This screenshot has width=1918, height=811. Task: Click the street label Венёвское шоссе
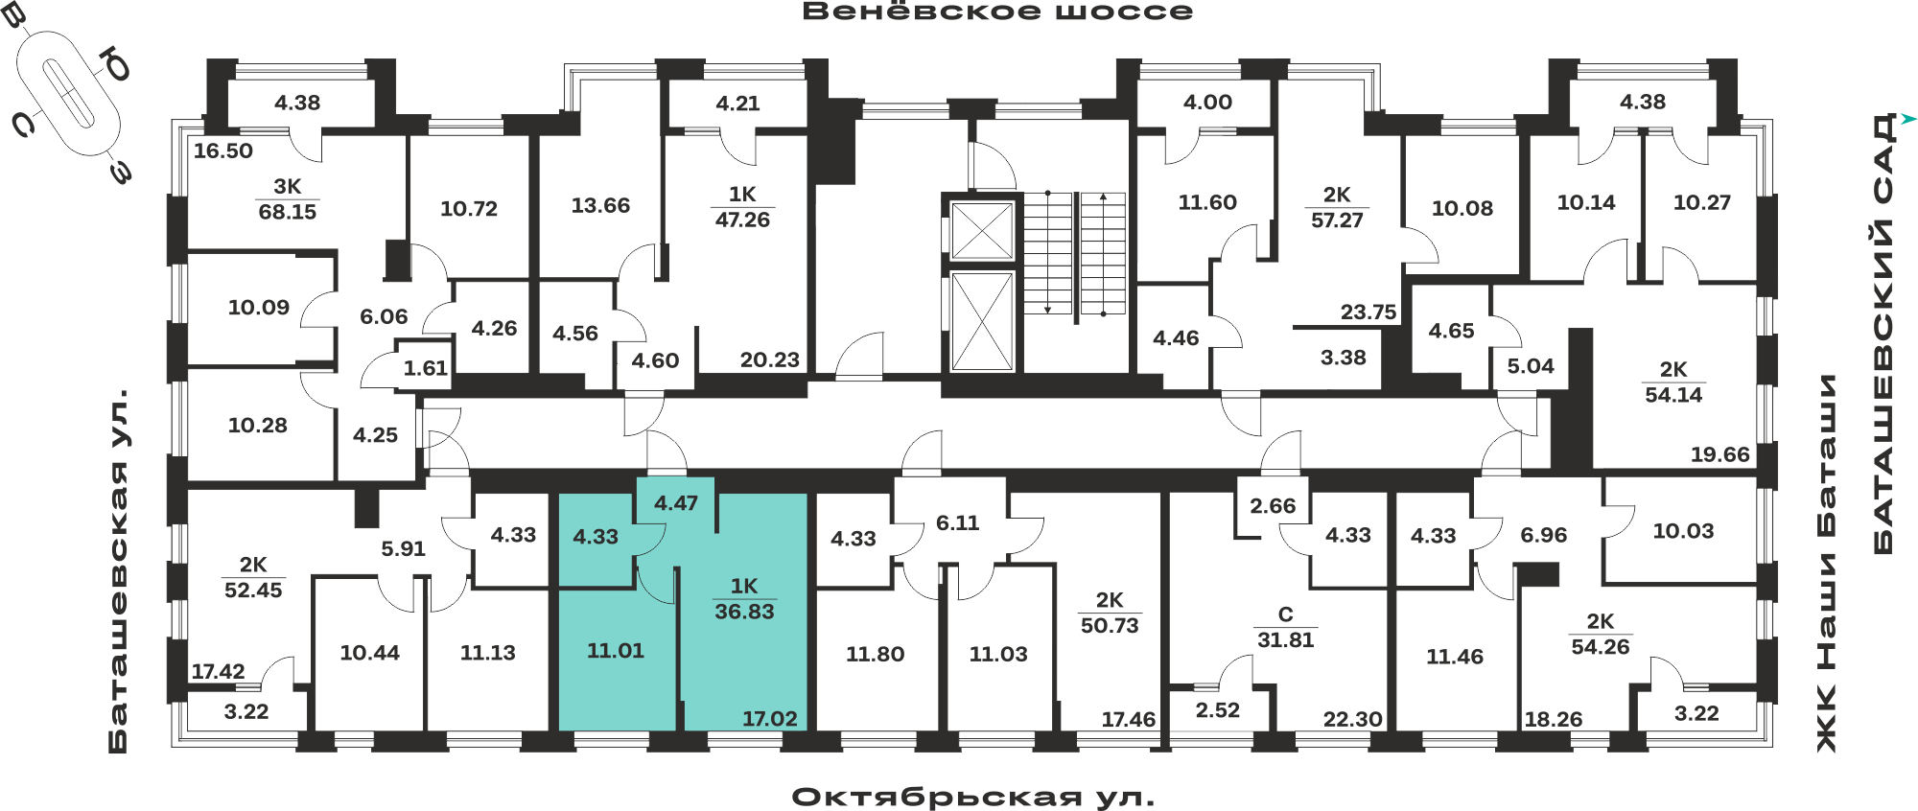pyautogui.click(x=997, y=12)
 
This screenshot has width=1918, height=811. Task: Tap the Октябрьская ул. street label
pyautogui.click(x=973, y=798)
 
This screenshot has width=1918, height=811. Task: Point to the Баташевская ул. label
pyautogui.click(x=118, y=570)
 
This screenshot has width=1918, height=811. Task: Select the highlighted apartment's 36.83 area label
pyautogui.click(x=744, y=612)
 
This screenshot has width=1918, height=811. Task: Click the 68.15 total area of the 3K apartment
pyautogui.click(x=287, y=212)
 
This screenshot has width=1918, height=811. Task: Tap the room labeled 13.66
pyautogui.click(x=600, y=205)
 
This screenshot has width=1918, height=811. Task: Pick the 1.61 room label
pyautogui.click(x=425, y=368)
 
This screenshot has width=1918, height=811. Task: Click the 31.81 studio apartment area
pyautogui.click(x=1285, y=639)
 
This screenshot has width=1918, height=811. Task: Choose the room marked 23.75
pyautogui.click(x=1368, y=312)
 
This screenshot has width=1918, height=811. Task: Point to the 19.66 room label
pyautogui.click(x=1719, y=454)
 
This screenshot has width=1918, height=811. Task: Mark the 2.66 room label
pyautogui.click(x=1273, y=505)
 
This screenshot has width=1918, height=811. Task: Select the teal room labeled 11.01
pyautogui.click(x=616, y=651)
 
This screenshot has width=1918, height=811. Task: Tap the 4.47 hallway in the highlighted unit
pyautogui.click(x=676, y=503)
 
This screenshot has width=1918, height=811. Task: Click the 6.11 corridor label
pyautogui.click(x=957, y=522)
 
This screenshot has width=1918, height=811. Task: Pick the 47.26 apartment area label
pyautogui.click(x=742, y=220)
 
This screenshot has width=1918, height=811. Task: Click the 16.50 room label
pyautogui.click(x=222, y=151)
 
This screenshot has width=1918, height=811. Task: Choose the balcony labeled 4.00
pyautogui.click(x=1207, y=102)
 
